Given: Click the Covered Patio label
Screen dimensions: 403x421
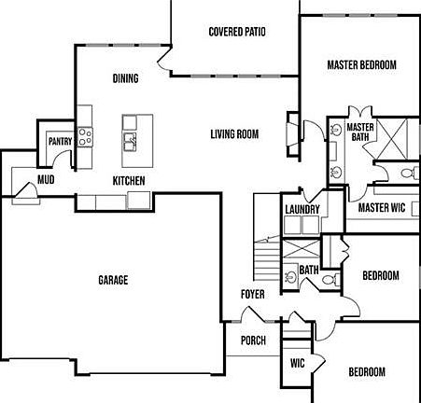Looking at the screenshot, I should click(x=236, y=32).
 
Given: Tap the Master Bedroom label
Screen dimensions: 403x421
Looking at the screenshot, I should click(x=361, y=65).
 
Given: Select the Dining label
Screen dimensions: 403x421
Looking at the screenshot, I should click(x=125, y=78).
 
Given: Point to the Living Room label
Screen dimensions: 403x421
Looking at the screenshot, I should click(x=233, y=134).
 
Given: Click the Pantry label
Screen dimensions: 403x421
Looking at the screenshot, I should click(x=61, y=142).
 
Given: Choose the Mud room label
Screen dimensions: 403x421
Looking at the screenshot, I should click(x=45, y=179).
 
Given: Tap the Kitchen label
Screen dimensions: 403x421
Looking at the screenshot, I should click(x=129, y=180).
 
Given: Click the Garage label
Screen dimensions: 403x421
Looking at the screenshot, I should click(x=113, y=280).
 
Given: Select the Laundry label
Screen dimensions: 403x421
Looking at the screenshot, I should click(x=302, y=209).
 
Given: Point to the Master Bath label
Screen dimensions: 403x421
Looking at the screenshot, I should click(x=360, y=132).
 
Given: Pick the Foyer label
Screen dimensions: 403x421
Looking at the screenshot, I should click(x=252, y=295).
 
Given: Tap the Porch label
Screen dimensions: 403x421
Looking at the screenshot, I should click(x=254, y=340).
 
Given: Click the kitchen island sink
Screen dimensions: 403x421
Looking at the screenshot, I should click(x=131, y=142).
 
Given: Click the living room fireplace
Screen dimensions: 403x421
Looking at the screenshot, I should click(x=292, y=136).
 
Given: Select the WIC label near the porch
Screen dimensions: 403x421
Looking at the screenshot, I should click(x=298, y=363).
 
